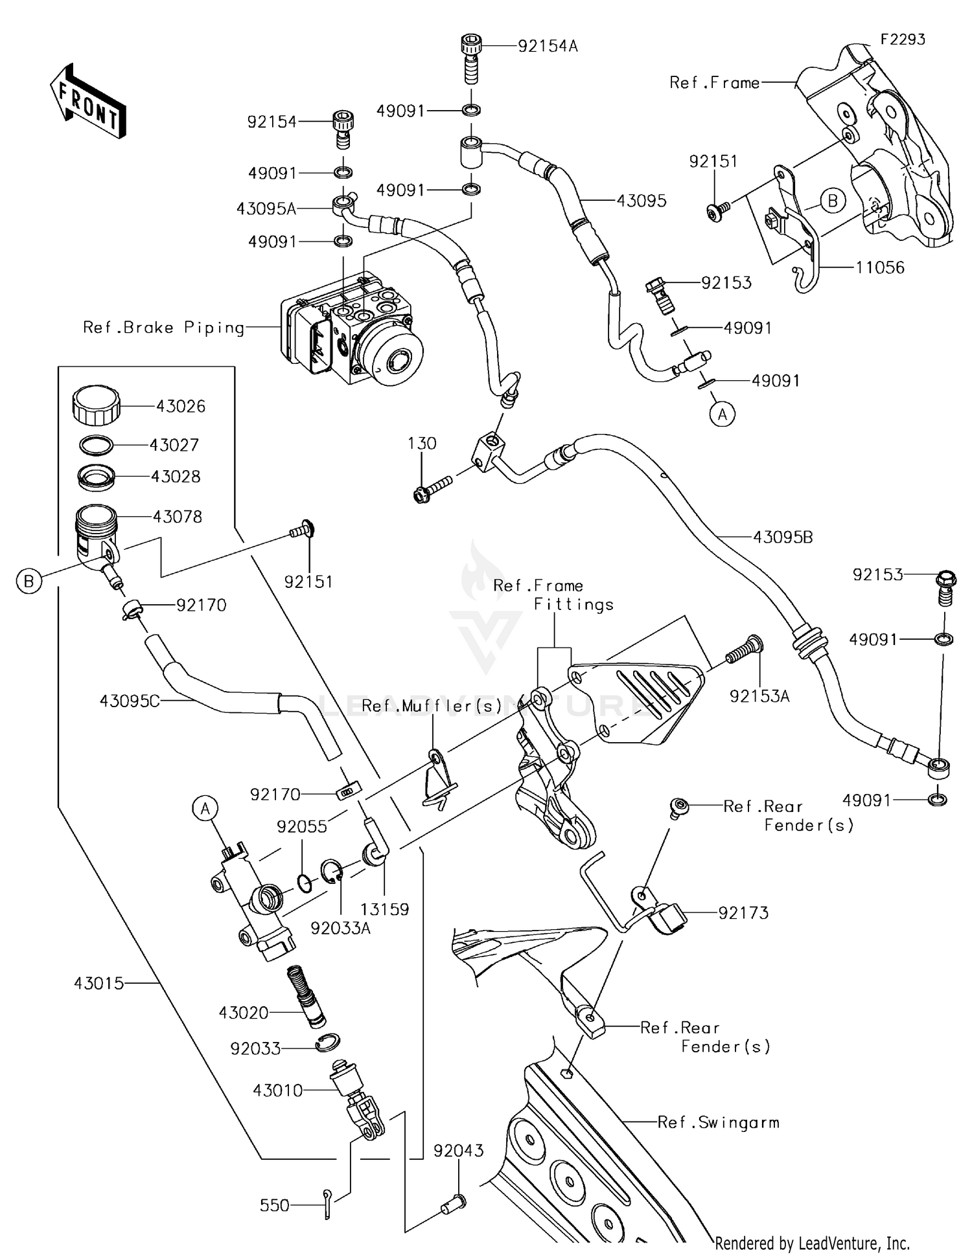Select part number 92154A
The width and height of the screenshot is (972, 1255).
548,46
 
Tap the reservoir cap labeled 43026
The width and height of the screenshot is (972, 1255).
96,404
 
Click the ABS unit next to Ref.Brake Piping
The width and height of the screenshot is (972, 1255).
353,330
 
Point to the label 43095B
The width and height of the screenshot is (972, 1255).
782,537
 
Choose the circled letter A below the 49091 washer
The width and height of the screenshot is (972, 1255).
723,413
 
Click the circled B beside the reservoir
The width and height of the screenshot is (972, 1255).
29,581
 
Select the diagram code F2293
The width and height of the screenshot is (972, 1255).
903,40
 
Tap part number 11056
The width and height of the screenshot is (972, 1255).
879,267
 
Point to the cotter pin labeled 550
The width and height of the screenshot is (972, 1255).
328,1204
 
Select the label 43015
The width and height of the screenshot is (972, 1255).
98,983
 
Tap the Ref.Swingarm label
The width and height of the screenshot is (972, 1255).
718,1122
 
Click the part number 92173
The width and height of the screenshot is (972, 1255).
743,912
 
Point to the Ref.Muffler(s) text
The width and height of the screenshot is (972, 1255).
432,706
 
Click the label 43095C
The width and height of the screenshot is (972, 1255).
129,701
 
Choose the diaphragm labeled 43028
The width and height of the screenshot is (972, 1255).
96,476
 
